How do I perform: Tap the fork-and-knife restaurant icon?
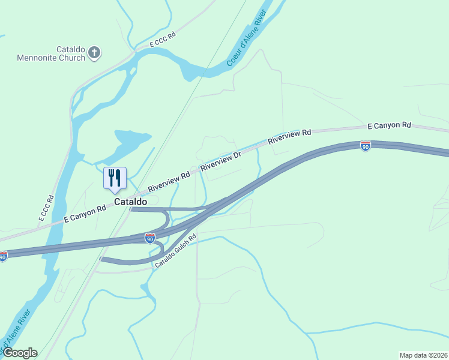click(115, 178)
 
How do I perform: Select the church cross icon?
click(94, 53)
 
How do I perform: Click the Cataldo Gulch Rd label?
click(176, 251)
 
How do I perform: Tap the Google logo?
click(20, 353)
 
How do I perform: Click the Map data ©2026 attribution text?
click(423, 355)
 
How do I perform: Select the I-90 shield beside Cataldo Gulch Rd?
click(150, 239)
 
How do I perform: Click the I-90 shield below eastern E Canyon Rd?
click(366, 145)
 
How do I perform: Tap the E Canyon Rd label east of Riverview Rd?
click(389, 126)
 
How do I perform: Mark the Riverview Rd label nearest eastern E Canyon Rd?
click(290, 137)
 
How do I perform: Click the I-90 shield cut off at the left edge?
click(3, 257)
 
